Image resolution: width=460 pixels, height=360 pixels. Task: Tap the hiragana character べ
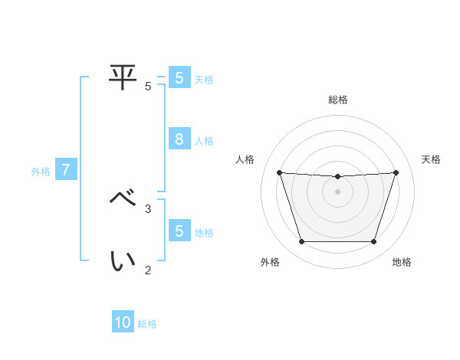pyautogui.click(x=123, y=198)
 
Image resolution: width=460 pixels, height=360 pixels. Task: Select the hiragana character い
pyautogui.click(x=123, y=261)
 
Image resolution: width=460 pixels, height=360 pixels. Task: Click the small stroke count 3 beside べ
pyautogui.click(x=148, y=208)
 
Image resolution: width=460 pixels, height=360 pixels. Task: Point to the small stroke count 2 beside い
pyautogui.click(x=148, y=270)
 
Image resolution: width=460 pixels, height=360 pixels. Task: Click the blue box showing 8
pyautogui.click(x=179, y=139)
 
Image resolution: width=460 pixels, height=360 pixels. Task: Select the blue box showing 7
pyautogui.click(x=66, y=170)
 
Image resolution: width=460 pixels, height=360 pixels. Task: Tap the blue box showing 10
pyautogui.click(x=123, y=322)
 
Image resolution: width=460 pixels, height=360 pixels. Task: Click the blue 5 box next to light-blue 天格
pyautogui.click(x=179, y=77)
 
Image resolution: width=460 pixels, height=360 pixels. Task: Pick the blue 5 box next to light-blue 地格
pyautogui.click(x=179, y=231)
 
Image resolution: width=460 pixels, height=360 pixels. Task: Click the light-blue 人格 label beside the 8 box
pyautogui.click(x=205, y=141)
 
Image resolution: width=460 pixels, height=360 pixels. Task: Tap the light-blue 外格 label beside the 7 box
pyautogui.click(x=41, y=172)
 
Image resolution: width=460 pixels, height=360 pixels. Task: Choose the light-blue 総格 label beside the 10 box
pyautogui.click(x=147, y=324)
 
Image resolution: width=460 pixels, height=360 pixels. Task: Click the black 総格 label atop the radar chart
pyautogui.click(x=338, y=100)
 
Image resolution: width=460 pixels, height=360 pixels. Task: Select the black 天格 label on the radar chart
pyautogui.click(x=431, y=159)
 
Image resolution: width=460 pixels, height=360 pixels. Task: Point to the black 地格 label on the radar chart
pyautogui.click(x=402, y=262)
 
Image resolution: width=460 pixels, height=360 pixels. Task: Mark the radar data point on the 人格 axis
pyautogui.click(x=279, y=172)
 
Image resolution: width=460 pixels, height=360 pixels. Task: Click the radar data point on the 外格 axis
pyautogui.click(x=301, y=242)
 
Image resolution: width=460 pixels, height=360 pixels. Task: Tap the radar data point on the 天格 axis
pyautogui.click(x=396, y=172)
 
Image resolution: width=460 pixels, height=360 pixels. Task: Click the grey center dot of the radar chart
pyautogui.click(x=337, y=191)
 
